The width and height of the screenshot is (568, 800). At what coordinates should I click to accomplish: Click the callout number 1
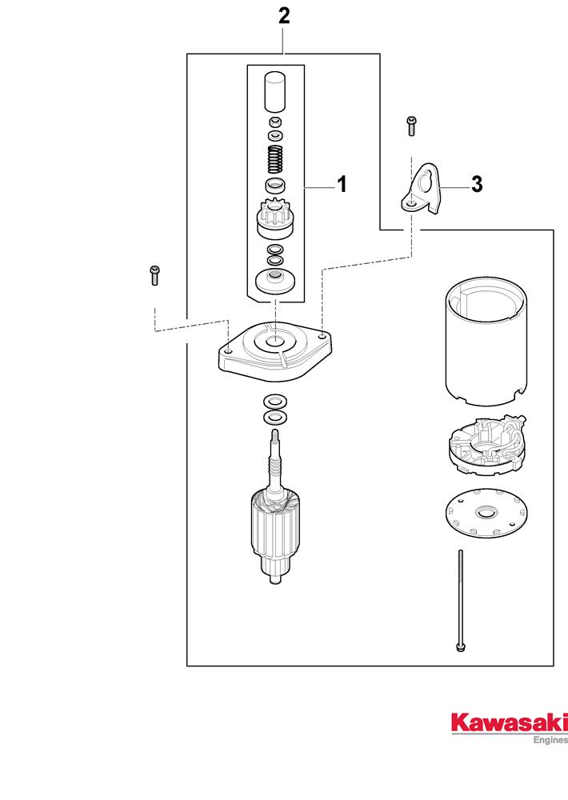(342, 185)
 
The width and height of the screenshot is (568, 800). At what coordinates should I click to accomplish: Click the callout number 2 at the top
(283, 16)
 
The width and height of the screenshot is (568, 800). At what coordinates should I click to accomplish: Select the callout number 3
(476, 185)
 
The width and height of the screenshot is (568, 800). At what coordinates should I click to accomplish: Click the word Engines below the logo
(550, 740)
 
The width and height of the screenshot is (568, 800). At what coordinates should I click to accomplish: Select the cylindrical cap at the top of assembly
(275, 90)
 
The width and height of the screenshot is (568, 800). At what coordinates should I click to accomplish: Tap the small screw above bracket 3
(411, 125)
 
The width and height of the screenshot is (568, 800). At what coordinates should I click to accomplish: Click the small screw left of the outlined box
(154, 274)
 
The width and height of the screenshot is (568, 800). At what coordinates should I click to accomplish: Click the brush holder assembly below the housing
(483, 445)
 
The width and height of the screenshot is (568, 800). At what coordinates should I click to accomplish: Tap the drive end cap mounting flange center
(274, 343)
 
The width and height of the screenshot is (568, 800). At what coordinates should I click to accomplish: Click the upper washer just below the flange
(275, 401)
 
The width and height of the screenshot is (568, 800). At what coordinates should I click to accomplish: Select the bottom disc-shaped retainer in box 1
(275, 281)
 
